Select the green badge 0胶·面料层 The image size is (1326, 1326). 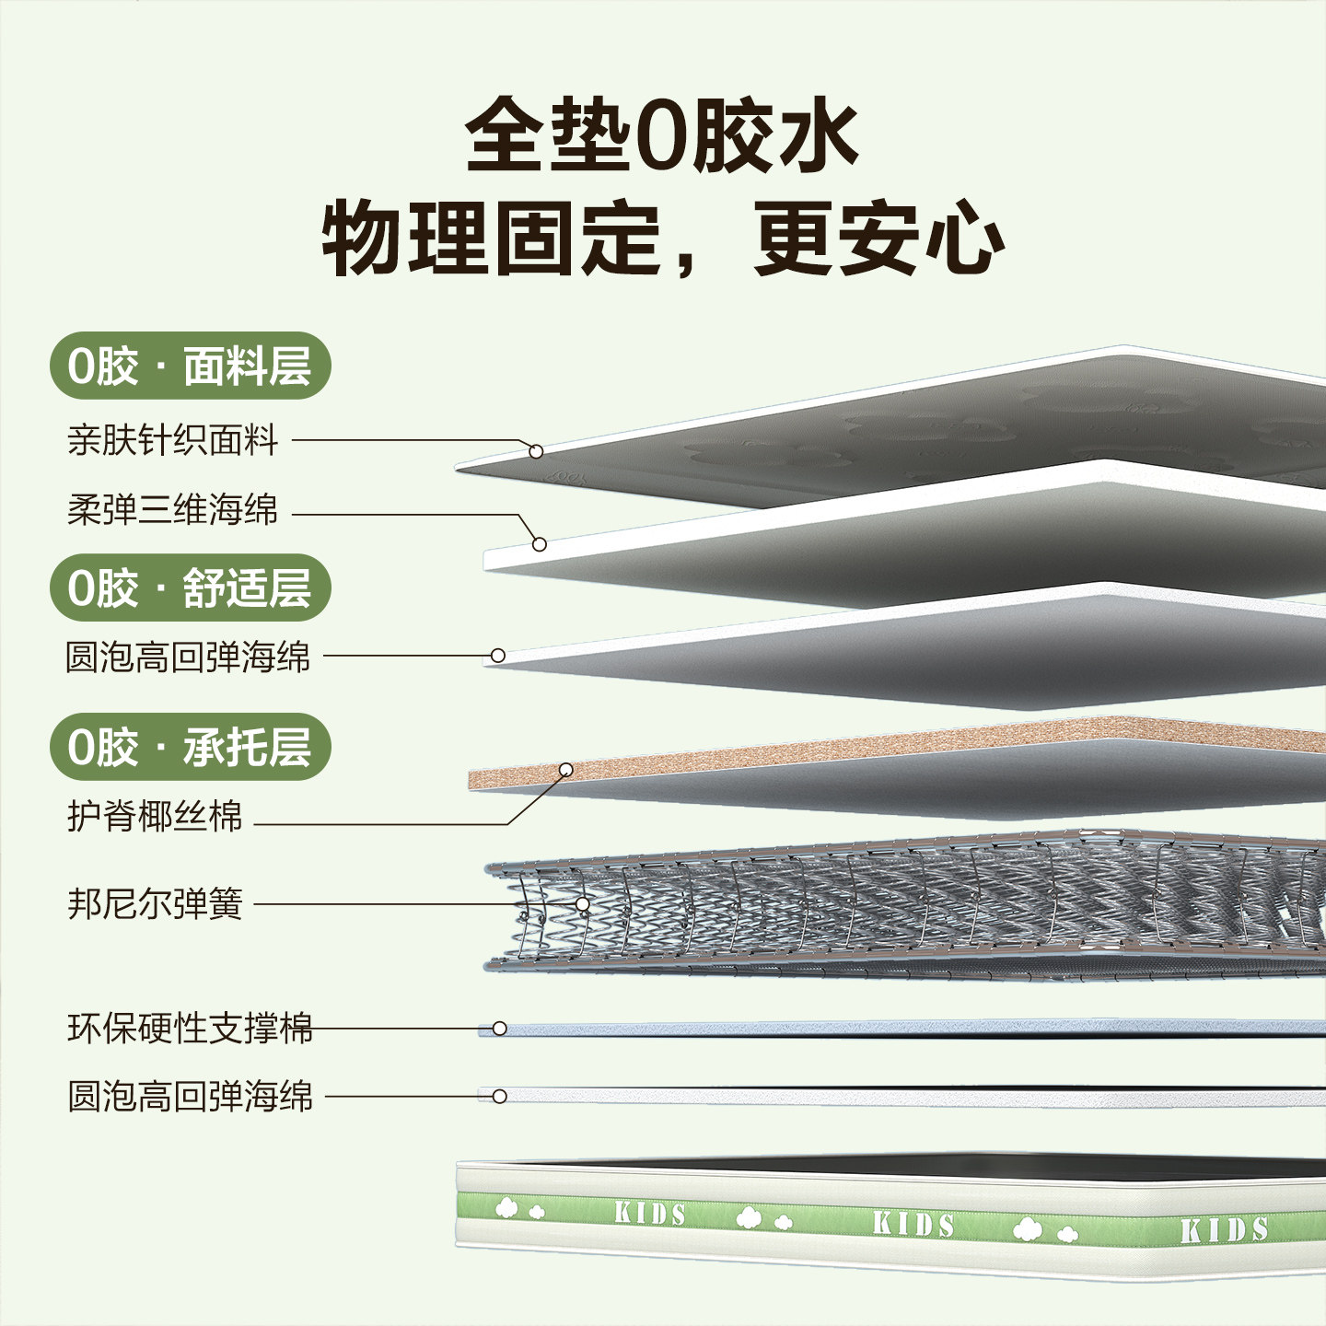point(190,366)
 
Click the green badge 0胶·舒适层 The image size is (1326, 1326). point(190,587)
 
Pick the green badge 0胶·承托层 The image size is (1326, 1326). point(190,747)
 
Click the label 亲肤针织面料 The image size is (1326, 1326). point(173,440)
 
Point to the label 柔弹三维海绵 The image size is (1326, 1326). point(173,509)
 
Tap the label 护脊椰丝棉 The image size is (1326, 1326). point(155,816)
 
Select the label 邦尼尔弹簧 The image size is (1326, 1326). point(155,903)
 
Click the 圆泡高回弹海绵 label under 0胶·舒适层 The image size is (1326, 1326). point(188,657)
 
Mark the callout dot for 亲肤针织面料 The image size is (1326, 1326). point(536,451)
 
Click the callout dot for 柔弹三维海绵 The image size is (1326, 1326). point(540,544)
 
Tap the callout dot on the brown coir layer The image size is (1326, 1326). point(566,770)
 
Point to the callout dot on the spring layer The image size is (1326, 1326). point(583,904)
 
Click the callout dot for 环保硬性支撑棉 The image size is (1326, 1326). point(499,1028)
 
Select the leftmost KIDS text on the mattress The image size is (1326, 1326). point(650,1214)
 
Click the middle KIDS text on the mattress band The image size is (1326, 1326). point(913,1224)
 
